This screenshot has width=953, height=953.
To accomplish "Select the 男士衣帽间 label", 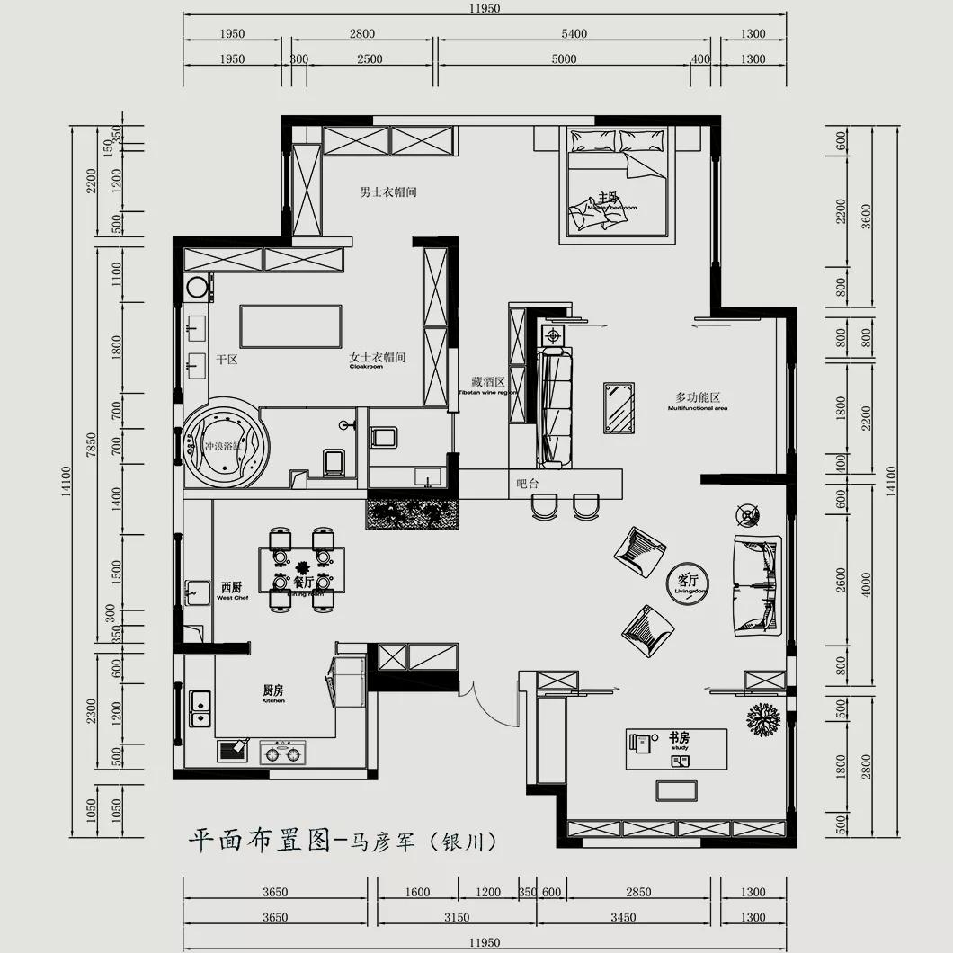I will point(388,192).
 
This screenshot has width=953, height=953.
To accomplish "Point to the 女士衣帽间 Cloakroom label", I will point(378,360).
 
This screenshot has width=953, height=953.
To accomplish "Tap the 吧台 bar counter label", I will point(527,484).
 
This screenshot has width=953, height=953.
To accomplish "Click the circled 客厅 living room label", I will point(688,583).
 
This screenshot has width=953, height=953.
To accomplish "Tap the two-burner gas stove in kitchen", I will point(282,752).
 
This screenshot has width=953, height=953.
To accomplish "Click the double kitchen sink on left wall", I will point(200,708).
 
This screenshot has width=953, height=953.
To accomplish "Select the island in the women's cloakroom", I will point(290,325).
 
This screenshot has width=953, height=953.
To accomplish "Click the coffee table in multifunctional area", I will point(618,407).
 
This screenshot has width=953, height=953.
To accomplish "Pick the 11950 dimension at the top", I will point(484,8).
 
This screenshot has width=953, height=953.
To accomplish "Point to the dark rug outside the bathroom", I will point(413,513).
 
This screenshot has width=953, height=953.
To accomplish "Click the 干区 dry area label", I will point(226,360).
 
